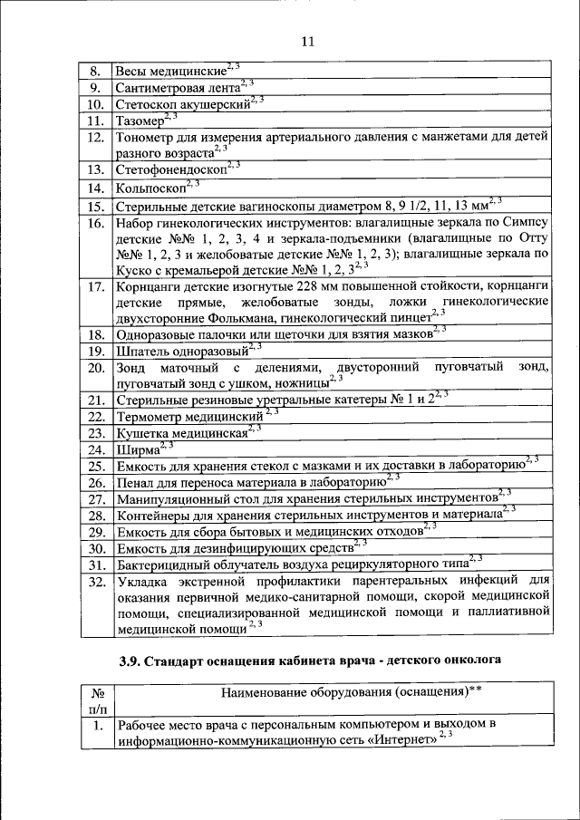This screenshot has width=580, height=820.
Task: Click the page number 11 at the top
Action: pyautogui.click(x=306, y=42)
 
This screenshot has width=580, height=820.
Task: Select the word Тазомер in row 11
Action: pyautogui.click(x=140, y=121)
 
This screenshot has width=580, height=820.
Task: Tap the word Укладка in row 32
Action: pyautogui.click(x=143, y=583)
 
